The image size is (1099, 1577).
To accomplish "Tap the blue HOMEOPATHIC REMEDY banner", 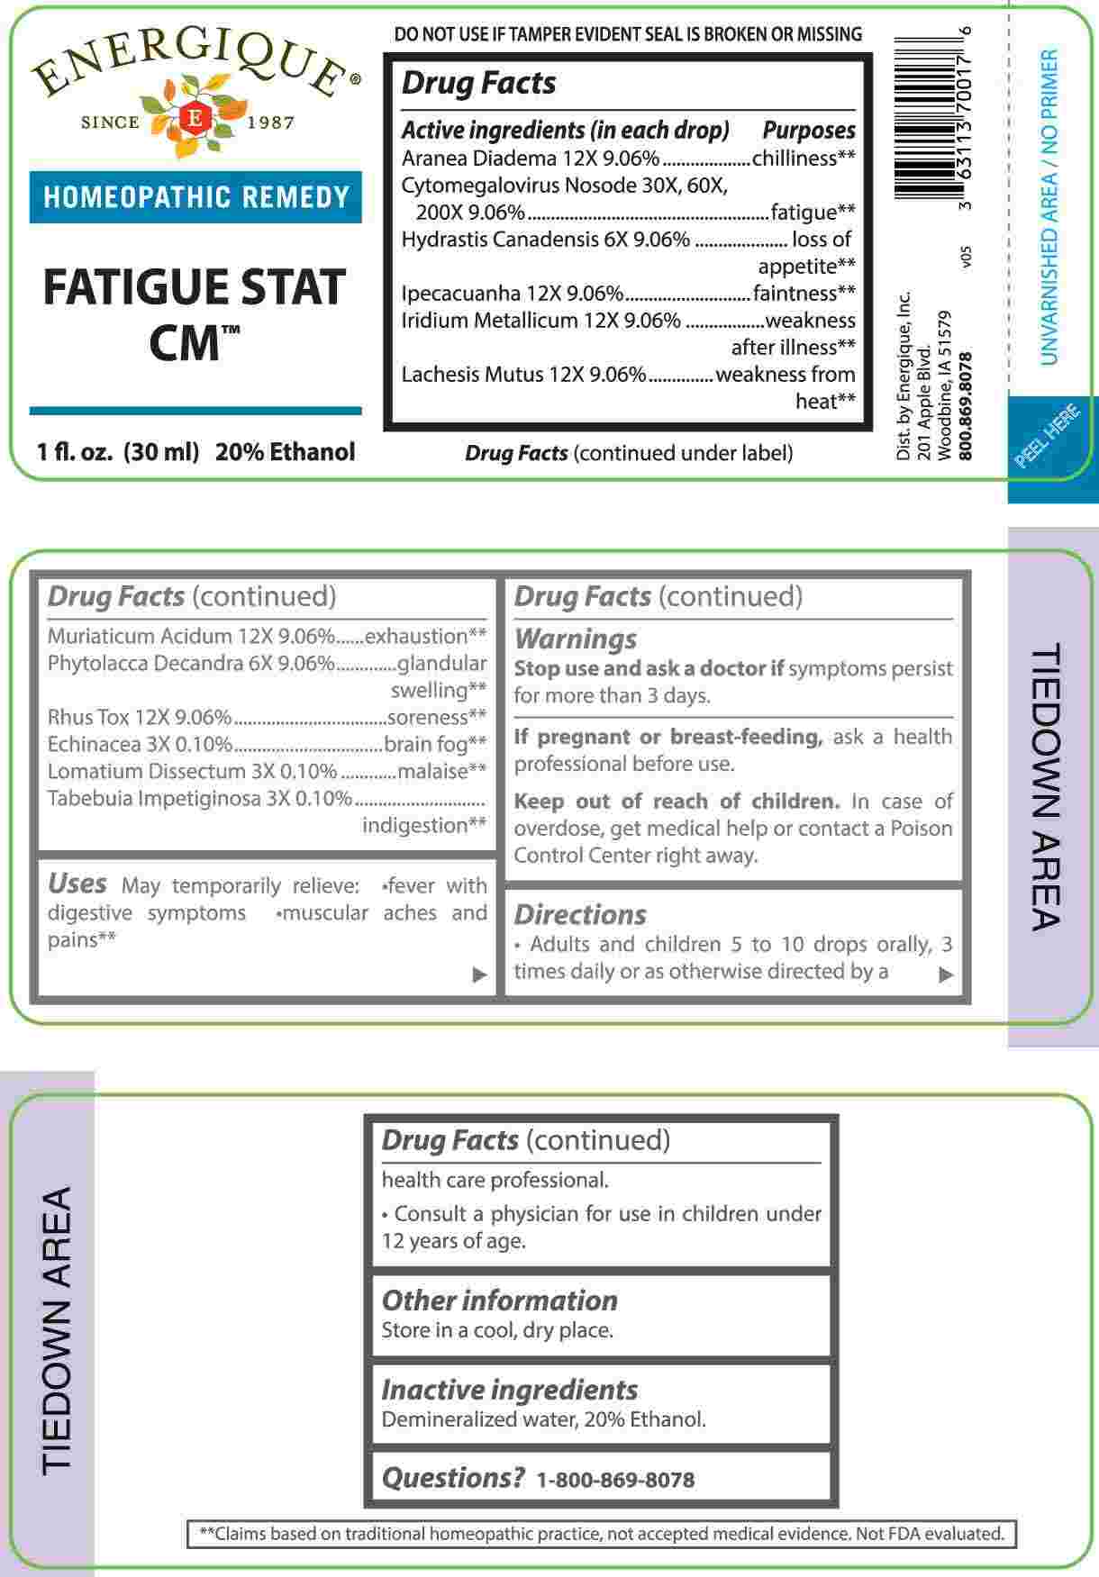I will pyautogui.click(x=195, y=197).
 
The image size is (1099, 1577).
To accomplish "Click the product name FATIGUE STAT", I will pyautogui.click(x=195, y=287).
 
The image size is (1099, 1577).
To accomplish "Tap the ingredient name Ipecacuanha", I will pyautogui.click(x=461, y=294).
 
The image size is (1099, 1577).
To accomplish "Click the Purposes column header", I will pyautogui.click(x=809, y=131).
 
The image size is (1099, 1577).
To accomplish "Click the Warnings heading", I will pyautogui.click(x=575, y=639).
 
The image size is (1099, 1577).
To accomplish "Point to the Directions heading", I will pyautogui.click(x=580, y=915).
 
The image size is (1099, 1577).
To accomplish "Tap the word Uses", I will pyautogui.click(x=77, y=884).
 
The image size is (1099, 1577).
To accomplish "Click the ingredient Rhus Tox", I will pyautogui.click(x=89, y=718).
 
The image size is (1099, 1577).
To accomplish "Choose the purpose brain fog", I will pyautogui.click(x=434, y=745).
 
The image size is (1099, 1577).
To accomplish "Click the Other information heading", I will pyautogui.click(x=499, y=1301).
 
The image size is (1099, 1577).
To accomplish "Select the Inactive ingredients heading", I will pyautogui.click(x=509, y=1390).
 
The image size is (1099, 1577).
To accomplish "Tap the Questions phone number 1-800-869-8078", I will pyautogui.click(x=615, y=1480).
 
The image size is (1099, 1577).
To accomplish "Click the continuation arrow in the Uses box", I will pyautogui.click(x=480, y=974).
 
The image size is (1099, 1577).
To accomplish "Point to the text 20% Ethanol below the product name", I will pyautogui.click(x=285, y=452).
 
